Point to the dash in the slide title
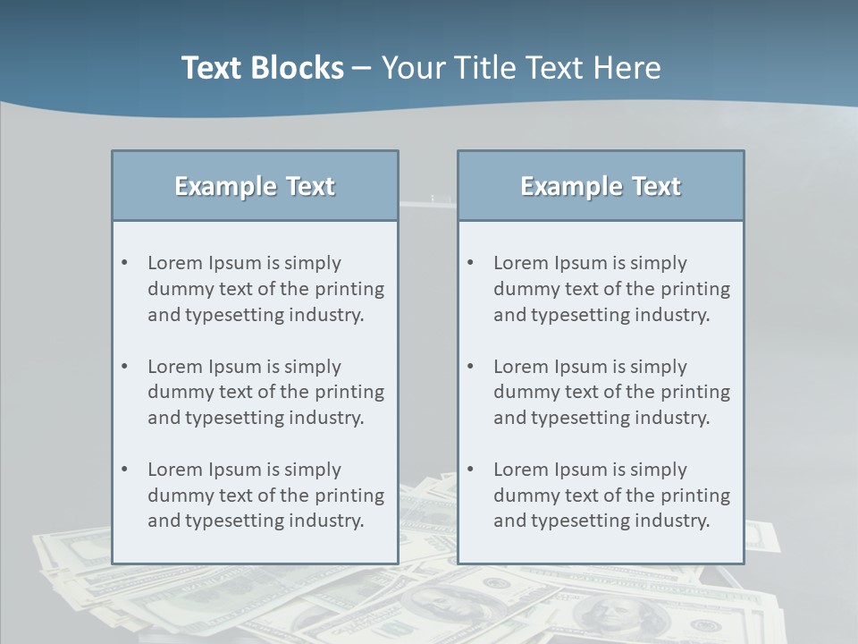click(x=362, y=69)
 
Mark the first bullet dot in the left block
click(x=124, y=263)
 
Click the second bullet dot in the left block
click(x=124, y=367)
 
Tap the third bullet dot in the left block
click(x=124, y=470)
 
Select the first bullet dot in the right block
click(x=470, y=263)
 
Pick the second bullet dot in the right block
click(x=470, y=367)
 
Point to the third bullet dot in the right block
click(x=470, y=470)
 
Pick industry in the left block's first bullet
click(x=326, y=315)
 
